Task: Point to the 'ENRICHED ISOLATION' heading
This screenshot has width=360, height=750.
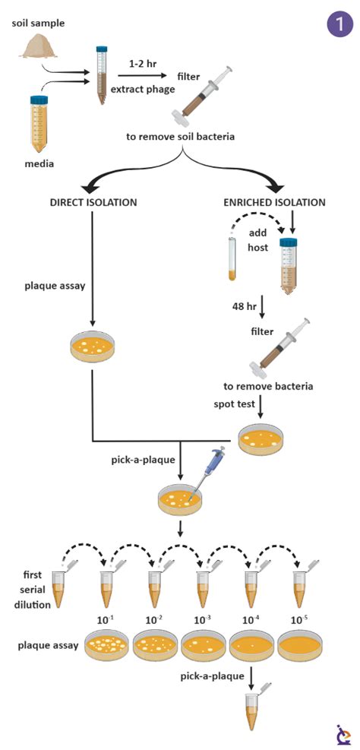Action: pyautogui.click(x=274, y=202)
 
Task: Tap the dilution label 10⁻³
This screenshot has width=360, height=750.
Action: pyautogui.click(x=204, y=620)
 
